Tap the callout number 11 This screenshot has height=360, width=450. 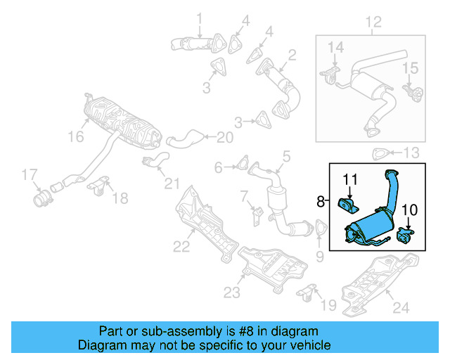click(350, 179)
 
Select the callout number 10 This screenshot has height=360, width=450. click(410, 210)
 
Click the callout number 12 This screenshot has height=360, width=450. click(373, 22)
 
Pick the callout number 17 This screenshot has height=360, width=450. click(28, 174)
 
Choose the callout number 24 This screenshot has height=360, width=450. click(400, 307)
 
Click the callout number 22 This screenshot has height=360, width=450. click(181, 247)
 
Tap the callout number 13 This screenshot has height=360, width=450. click(411, 153)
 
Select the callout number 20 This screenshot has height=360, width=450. click(224, 137)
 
